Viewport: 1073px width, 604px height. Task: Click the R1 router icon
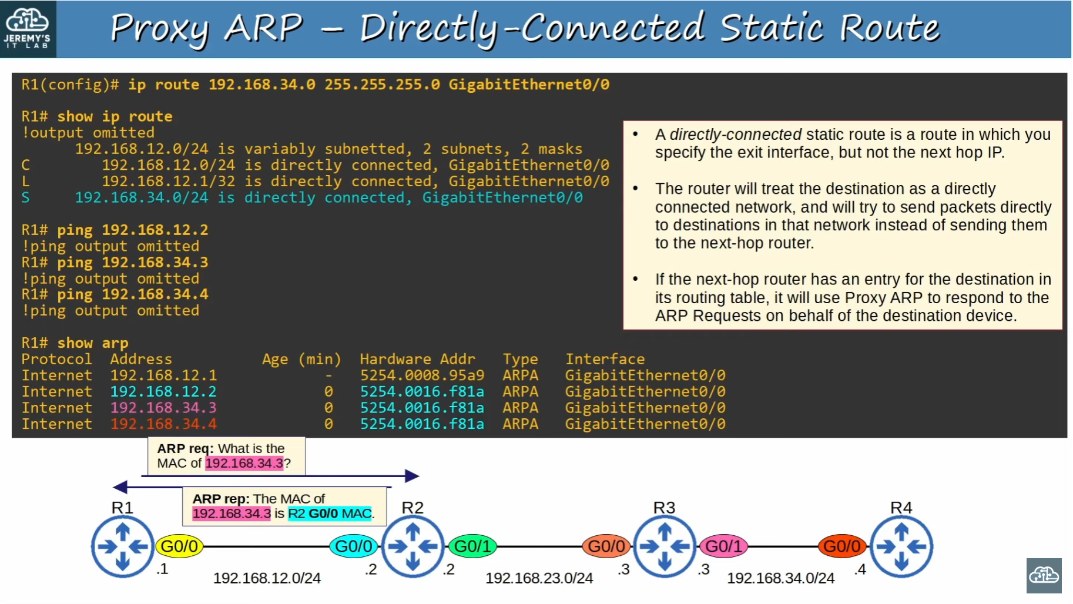122,546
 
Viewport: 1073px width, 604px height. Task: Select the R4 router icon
901,546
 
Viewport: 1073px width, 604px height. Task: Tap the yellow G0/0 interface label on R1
179,546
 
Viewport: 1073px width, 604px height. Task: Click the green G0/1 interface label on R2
472,546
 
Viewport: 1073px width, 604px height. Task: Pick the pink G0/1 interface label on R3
723,546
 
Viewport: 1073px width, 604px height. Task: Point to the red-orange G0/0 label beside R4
842,546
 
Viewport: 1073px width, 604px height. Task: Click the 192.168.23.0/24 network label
539,578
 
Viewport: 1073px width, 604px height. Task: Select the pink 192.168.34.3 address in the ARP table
163,408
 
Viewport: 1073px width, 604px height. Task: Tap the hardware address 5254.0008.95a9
422,375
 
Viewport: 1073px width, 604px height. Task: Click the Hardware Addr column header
417,359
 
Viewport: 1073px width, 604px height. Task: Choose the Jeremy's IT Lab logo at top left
28,29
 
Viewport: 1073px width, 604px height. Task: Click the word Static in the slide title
771,28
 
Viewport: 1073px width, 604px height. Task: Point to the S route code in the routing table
25,197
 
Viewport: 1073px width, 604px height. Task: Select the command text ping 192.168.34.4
132,294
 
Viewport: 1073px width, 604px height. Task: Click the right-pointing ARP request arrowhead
413,476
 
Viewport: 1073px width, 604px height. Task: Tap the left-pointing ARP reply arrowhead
120,486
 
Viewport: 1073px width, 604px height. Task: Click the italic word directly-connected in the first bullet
736,135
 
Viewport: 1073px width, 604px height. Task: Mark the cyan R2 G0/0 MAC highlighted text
330,514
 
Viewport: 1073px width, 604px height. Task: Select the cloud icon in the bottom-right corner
1044,575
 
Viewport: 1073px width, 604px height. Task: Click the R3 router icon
665,546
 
